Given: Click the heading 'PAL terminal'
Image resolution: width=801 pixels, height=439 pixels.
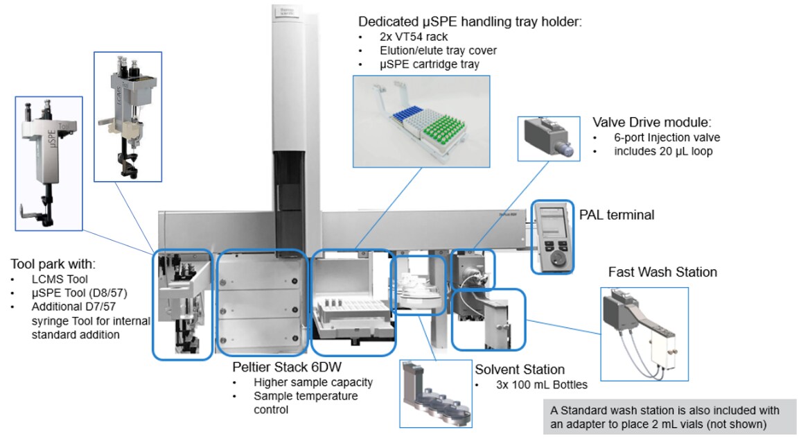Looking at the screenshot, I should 616,215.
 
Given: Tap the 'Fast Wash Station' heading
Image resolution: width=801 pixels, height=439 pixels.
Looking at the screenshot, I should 662,271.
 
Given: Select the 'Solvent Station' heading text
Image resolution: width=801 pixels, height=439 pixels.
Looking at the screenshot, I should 519,370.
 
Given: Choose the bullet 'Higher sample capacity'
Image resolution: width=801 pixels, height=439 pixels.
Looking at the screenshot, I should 313,382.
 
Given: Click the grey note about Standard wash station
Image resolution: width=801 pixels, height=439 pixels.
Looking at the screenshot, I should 669,417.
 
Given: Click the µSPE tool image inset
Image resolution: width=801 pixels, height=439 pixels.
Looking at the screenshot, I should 49,164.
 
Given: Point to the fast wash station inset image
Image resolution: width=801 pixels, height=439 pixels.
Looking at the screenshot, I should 644,333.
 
